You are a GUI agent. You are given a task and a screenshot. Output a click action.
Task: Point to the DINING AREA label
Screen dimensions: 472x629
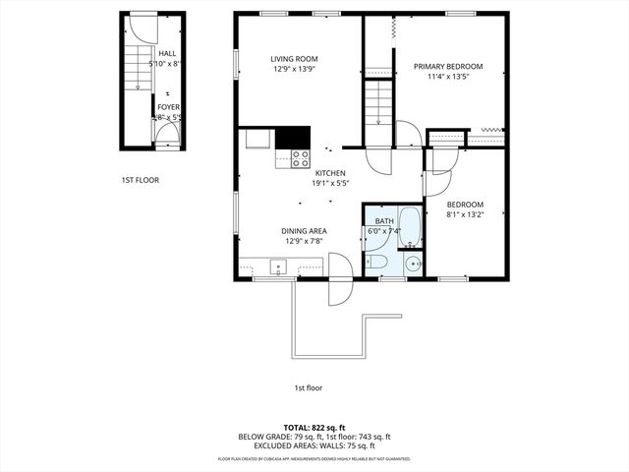pyautogui.click(x=304, y=231)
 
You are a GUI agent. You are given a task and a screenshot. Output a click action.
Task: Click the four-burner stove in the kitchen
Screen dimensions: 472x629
pyautogui.click(x=300, y=158)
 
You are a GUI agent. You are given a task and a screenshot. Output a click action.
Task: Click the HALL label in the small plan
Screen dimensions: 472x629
pyautogui.click(x=167, y=54)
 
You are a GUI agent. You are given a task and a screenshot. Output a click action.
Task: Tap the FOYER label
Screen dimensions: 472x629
pyautogui.click(x=168, y=108)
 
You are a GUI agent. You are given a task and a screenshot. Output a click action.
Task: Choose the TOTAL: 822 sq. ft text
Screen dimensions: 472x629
pyautogui.click(x=314, y=428)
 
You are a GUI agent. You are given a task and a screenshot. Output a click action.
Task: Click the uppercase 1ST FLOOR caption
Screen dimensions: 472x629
pyautogui.click(x=141, y=180)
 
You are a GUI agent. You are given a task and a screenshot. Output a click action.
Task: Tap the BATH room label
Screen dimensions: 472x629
pyautogui.click(x=384, y=221)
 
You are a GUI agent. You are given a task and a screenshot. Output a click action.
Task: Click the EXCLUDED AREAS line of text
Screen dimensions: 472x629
pyautogui.click(x=314, y=445)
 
